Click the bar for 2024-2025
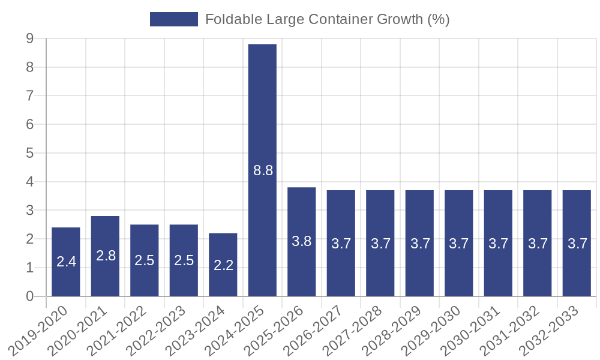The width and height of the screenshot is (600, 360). click(x=262, y=170)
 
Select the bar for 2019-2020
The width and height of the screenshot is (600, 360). click(x=66, y=262)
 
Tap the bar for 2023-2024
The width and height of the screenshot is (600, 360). click(x=223, y=265)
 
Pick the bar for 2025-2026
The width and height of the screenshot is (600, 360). click(x=302, y=242)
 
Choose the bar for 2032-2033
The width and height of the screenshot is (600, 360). click(x=577, y=243)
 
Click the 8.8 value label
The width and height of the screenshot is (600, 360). click(x=263, y=170)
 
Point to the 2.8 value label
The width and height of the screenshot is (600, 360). click(x=106, y=256)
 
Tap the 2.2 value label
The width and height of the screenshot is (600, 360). click(x=223, y=265)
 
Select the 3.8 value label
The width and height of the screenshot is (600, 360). click(x=302, y=242)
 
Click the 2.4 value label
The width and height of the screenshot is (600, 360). click(x=66, y=262)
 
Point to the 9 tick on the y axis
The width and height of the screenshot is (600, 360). click(x=29, y=38)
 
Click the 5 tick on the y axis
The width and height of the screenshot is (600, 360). click(x=29, y=153)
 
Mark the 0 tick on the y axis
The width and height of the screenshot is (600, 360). click(x=29, y=296)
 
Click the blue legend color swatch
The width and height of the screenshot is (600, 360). click(x=174, y=19)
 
